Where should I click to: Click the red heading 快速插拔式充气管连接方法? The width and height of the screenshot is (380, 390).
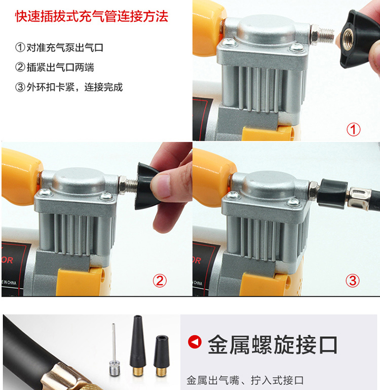[x=92, y=17]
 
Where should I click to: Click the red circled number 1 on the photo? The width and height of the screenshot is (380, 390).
[x=354, y=129]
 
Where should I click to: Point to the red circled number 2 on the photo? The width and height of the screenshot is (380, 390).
[x=160, y=281]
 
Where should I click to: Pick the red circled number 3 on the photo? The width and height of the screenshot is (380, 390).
[x=353, y=280]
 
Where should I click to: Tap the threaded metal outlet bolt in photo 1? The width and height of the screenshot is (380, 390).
[x=322, y=35]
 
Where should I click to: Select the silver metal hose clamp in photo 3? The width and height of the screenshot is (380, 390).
[x=358, y=198]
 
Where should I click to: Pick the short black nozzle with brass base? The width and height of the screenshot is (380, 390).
[x=162, y=356]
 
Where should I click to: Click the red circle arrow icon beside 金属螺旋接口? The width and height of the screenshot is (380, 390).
[x=195, y=341]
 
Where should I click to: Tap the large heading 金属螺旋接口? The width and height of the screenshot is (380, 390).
[x=273, y=344]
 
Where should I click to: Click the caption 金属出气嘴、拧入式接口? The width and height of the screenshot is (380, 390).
[x=245, y=380]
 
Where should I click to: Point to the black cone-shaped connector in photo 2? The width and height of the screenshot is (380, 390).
[x=146, y=186]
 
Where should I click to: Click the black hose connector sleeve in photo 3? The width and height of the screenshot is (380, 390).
[x=332, y=193]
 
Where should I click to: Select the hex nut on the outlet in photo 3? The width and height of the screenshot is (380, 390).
[x=314, y=191]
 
